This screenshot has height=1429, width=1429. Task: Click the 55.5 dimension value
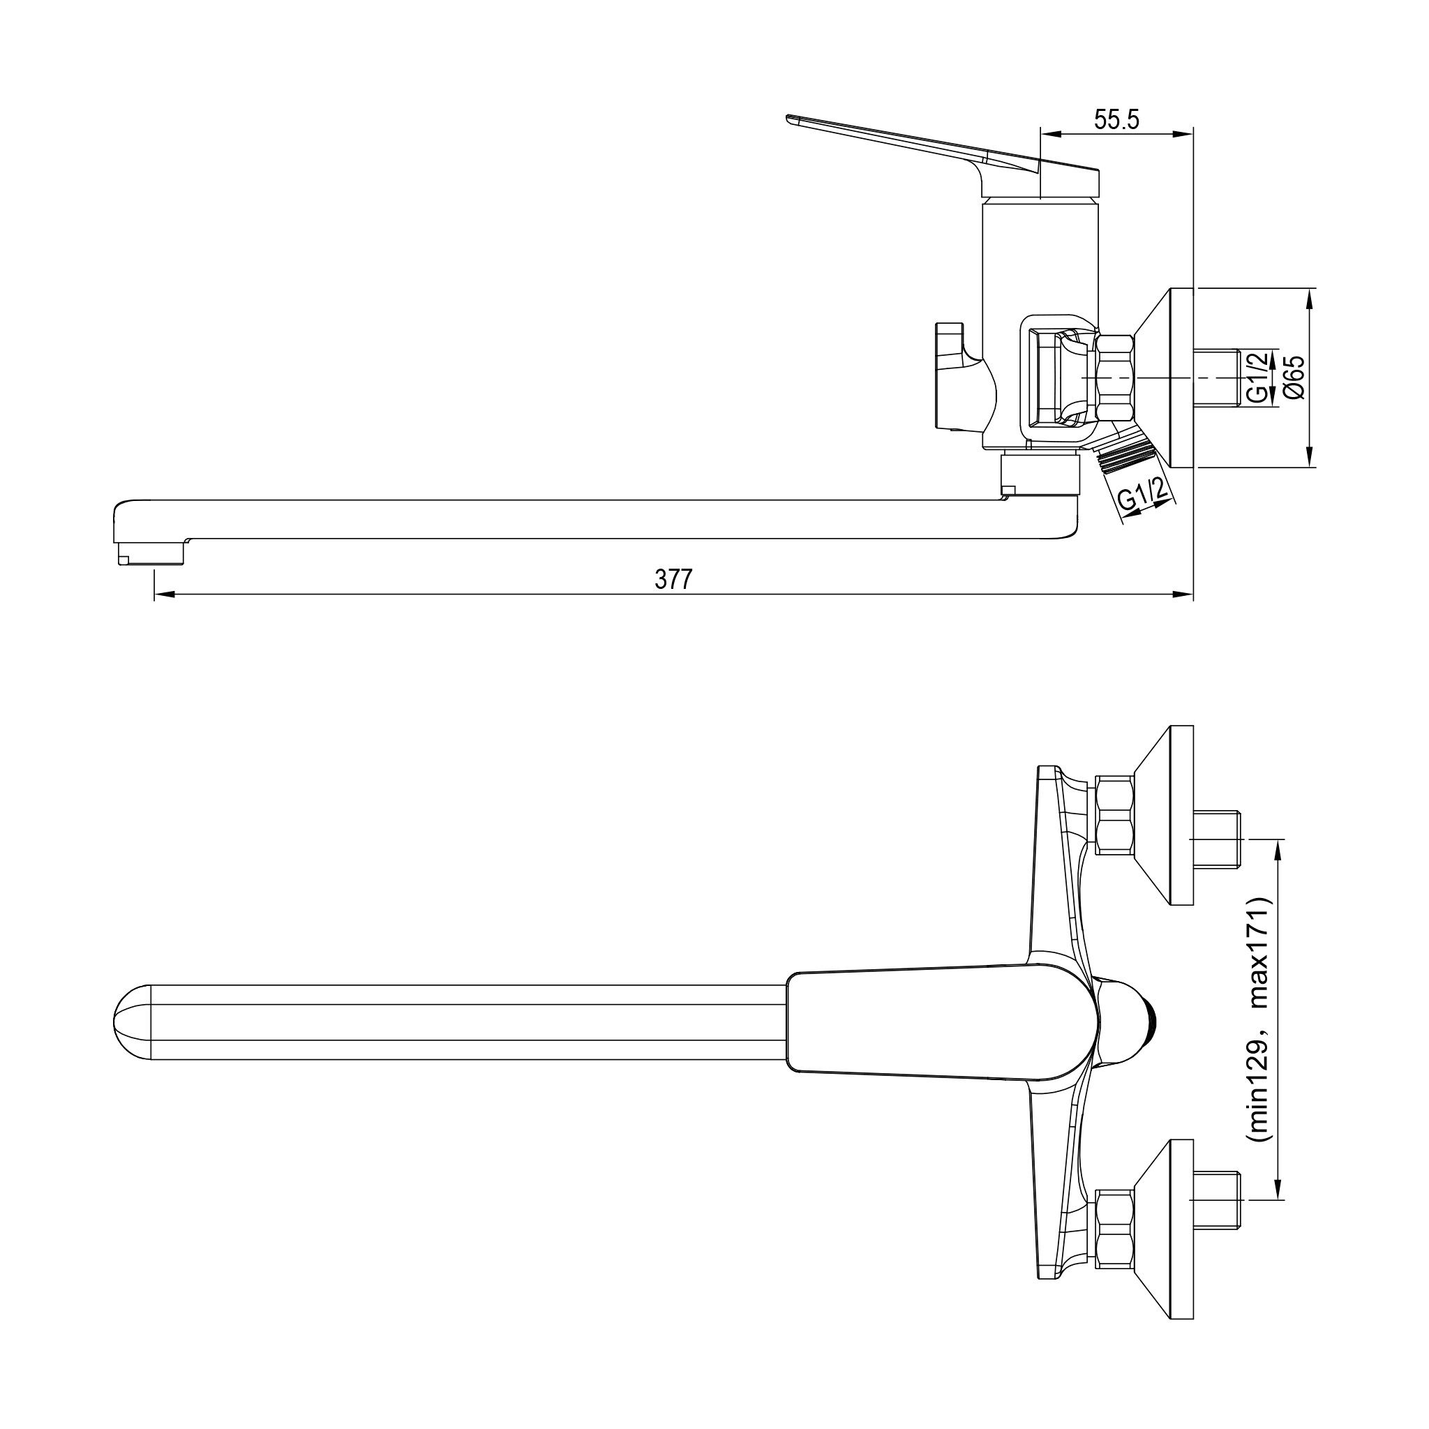(1117, 120)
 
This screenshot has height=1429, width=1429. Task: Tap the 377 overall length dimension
(673, 580)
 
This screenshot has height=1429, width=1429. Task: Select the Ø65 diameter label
(1295, 378)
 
